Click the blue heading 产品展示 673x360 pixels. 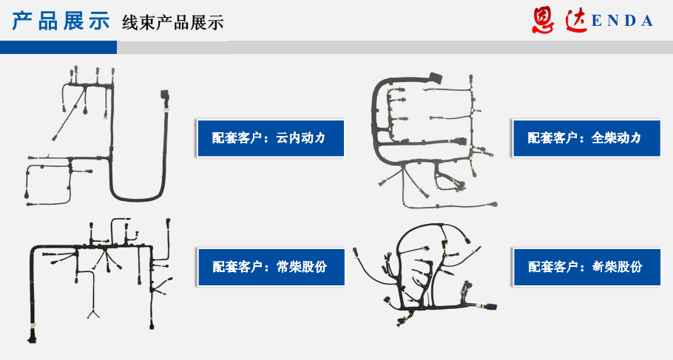[x=61, y=21]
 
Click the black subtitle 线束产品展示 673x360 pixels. [x=172, y=22]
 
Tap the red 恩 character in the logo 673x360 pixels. [x=544, y=20]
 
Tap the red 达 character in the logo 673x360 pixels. [x=576, y=20]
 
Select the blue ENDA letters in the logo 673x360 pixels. [x=623, y=21]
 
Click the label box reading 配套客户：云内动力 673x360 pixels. [x=271, y=138]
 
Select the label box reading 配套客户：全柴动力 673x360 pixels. [x=586, y=138]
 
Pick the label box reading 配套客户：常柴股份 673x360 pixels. [x=271, y=267]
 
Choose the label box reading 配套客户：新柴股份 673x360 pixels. [x=586, y=267]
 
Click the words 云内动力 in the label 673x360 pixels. [x=300, y=138]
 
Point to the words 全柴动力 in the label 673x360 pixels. [x=616, y=138]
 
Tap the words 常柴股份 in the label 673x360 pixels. [x=302, y=267]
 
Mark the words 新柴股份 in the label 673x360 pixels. [x=618, y=267]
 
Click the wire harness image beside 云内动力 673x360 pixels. [x=98, y=136]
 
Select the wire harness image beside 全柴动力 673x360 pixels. [x=434, y=140]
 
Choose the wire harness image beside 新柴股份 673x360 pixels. [x=425, y=274]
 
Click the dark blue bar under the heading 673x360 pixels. [x=58, y=47]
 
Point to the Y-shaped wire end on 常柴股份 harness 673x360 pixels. [x=93, y=314]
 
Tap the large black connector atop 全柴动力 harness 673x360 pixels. [x=434, y=79]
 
